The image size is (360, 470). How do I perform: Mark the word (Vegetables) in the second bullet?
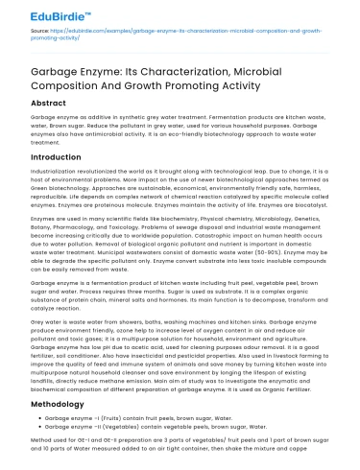(x=119, y=428)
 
